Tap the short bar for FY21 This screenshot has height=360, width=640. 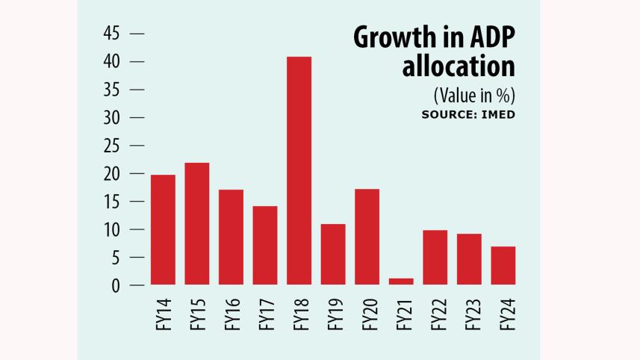(x=402, y=281)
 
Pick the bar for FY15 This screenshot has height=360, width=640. (x=196, y=223)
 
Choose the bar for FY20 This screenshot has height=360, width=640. (x=367, y=237)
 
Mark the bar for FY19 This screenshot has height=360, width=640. (x=334, y=254)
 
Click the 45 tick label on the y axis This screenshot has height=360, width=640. (x=111, y=34)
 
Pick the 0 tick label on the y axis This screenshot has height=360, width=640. (x=116, y=285)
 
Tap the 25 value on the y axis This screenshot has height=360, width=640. (x=111, y=146)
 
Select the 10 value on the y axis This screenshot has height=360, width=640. (x=111, y=229)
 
